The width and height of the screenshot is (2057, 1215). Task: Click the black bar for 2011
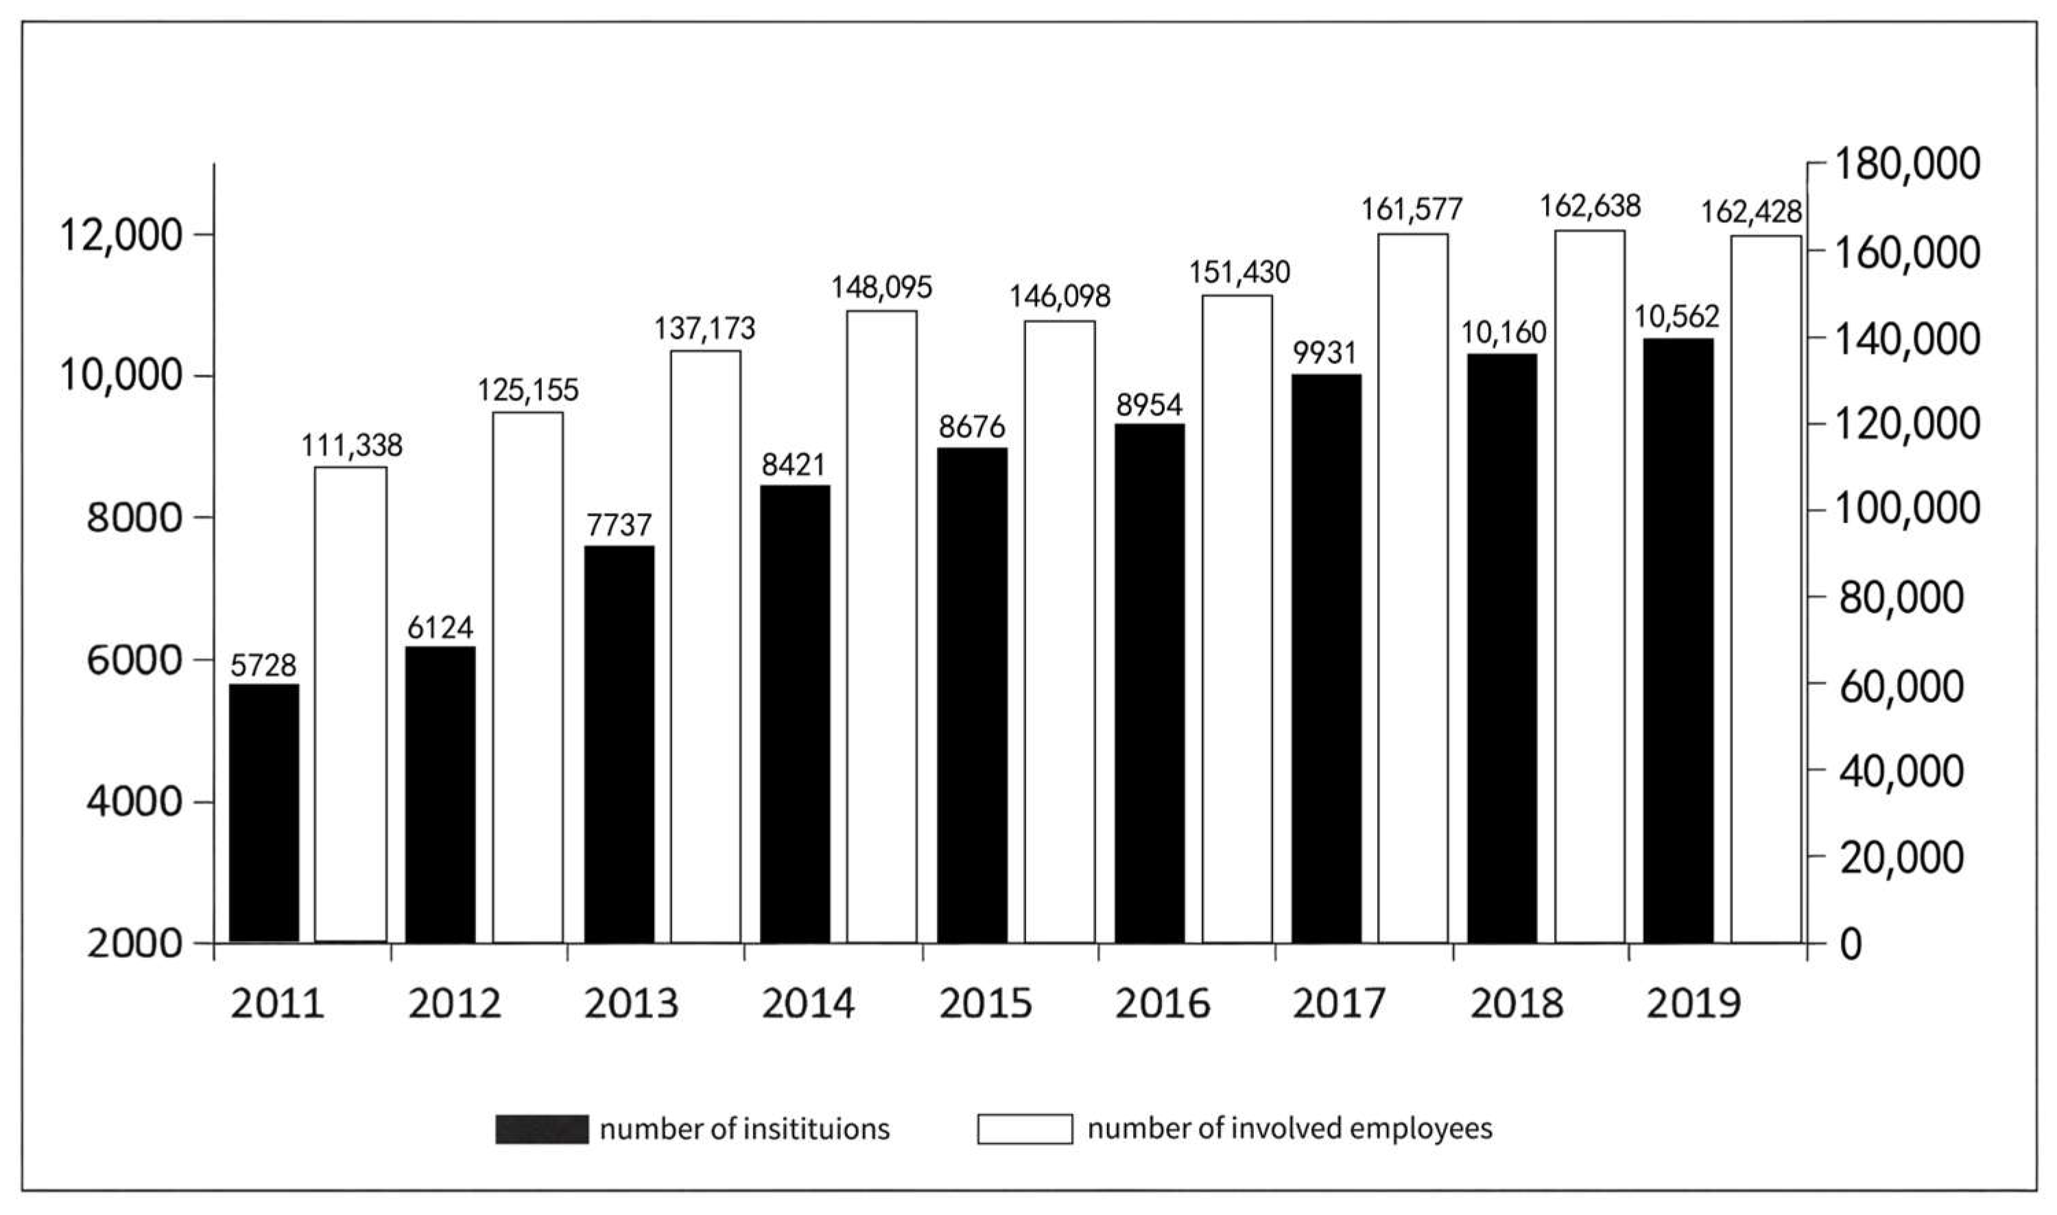point(263,813)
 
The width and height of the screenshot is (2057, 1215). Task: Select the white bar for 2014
point(881,626)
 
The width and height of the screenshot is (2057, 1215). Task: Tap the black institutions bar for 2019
point(1678,640)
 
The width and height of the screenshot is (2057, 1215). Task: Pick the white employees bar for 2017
point(1412,588)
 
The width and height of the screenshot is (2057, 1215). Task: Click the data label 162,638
point(1589,206)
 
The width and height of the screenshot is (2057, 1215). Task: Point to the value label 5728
point(263,666)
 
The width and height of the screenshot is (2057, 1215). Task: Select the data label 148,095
point(881,287)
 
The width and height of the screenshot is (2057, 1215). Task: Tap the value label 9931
point(1325,353)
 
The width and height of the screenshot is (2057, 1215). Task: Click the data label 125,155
point(527,389)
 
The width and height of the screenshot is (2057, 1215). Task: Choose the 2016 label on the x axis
point(1161,1004)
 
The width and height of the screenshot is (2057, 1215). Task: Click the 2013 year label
point(630,1004)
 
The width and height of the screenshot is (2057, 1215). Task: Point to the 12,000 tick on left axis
point(120,236)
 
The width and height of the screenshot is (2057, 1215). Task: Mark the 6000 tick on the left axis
point(134,660)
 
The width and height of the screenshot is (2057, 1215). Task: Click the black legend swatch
point(541,1129)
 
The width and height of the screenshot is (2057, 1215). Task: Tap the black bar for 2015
point(972,695)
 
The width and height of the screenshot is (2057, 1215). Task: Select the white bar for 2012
point(527,677)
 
